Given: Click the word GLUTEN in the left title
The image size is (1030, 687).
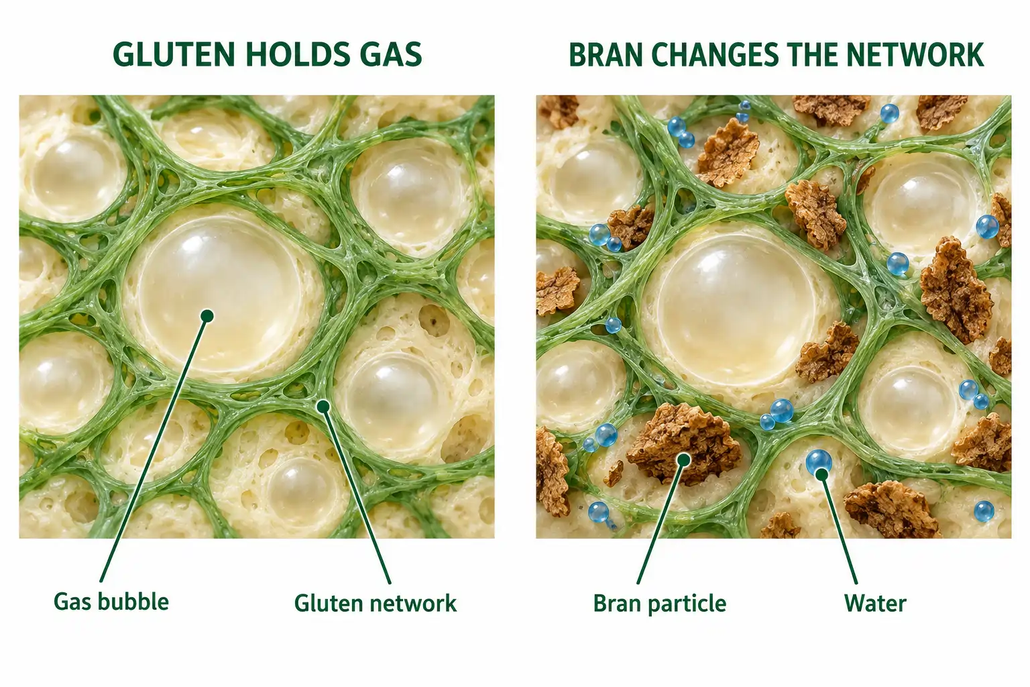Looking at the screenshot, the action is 174,55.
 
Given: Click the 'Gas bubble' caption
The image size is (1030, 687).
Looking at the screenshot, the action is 111,602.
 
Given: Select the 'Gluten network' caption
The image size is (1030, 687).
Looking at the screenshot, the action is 376,602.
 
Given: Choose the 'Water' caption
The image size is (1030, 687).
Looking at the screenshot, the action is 875,603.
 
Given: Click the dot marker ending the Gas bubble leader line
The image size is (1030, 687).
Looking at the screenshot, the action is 207,316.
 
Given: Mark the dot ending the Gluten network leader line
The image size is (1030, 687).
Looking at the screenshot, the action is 323,407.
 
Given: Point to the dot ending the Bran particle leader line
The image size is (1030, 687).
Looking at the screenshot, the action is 684,460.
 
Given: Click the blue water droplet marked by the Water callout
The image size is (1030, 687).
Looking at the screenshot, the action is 819,462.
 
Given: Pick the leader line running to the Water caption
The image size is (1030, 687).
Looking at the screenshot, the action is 839,529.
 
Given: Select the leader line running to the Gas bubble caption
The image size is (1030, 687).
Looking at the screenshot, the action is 154,449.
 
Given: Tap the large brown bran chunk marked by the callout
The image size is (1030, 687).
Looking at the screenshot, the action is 684,444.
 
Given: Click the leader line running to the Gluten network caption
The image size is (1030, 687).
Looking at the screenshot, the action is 357,495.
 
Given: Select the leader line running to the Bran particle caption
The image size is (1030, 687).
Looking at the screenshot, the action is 661,522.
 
